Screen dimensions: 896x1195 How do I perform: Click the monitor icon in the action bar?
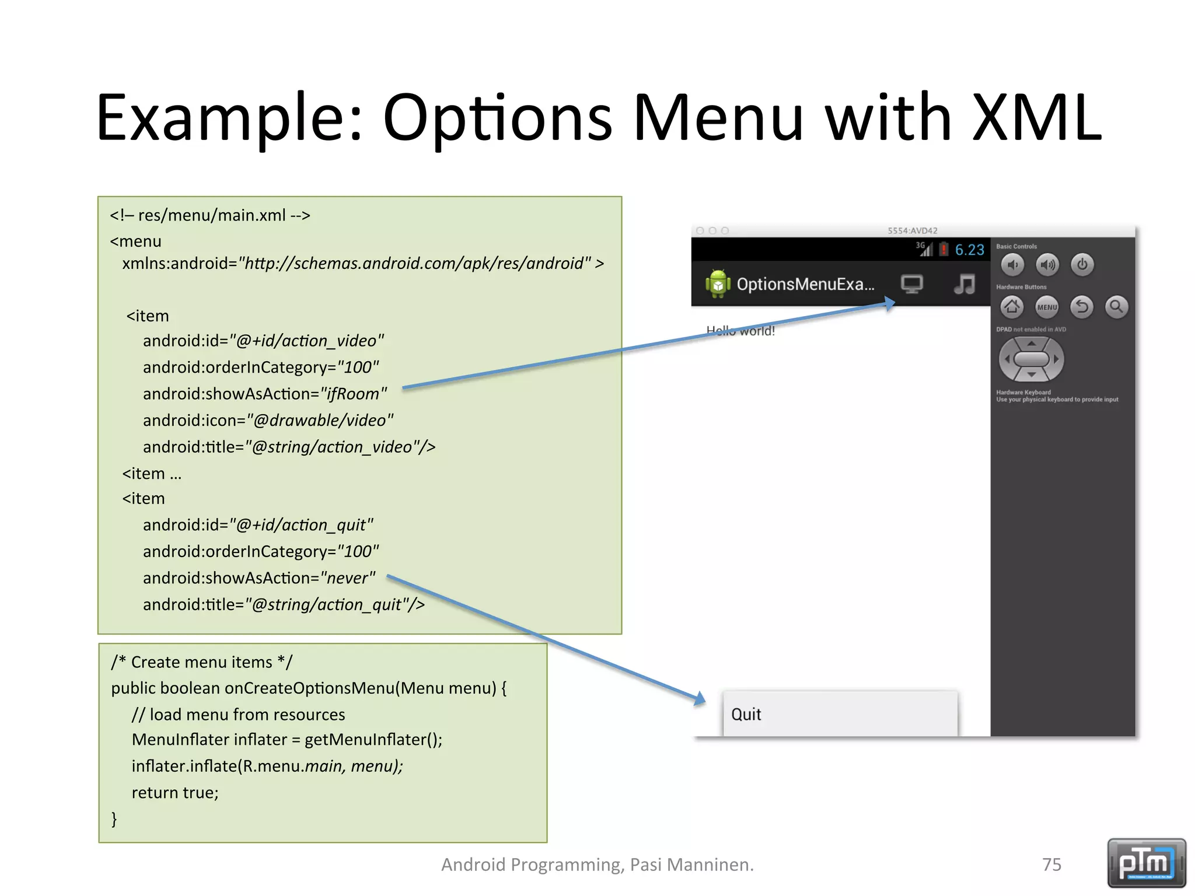[x=911, y=284]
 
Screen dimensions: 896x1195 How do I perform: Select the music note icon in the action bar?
[x=965, y=284]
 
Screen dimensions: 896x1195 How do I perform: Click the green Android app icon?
[x=718, y=284]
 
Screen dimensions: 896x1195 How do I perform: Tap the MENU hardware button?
[x=1047, y=307]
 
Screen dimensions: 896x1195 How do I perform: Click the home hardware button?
[x=1012, y=307]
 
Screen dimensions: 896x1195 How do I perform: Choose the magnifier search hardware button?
[x=1116, y=307]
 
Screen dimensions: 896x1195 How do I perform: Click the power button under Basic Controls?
[x=1082, y=265]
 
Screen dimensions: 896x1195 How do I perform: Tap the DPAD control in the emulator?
[x=1031, y=359]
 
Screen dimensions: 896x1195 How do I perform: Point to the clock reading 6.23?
[x=969, y=250]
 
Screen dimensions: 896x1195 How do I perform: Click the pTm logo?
[x=1146, y=863]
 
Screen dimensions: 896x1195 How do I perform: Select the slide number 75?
[x=1051, y=864]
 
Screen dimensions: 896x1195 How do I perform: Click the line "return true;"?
[x=175, y=793]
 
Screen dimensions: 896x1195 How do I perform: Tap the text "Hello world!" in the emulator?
[x=740, y=331]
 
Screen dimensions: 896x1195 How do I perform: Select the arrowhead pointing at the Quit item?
[x=700, y=698]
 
